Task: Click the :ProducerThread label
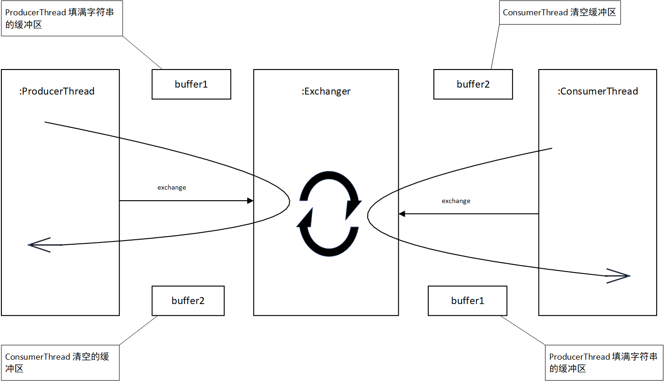(57, 91)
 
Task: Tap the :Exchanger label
(326, 91)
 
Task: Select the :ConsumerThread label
(598, 91)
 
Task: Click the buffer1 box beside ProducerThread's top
(191, 84)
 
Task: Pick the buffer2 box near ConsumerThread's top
(473, 84)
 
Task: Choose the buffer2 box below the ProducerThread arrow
(188, 301)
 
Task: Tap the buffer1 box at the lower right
(468, 301)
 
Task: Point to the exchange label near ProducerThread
(172, 188)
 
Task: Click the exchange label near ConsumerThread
(456, 201)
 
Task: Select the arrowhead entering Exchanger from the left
(250, 201)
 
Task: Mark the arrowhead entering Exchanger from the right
(402, 214)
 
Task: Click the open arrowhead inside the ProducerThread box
(40, 245)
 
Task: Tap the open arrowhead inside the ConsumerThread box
(620, 276)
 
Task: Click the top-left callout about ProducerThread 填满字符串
(61, 18)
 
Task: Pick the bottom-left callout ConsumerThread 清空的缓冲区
(60, 362)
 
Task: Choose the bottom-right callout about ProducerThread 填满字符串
(603, 362)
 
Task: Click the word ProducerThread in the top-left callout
(36, 13)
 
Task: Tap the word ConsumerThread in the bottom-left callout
(38, 357)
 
